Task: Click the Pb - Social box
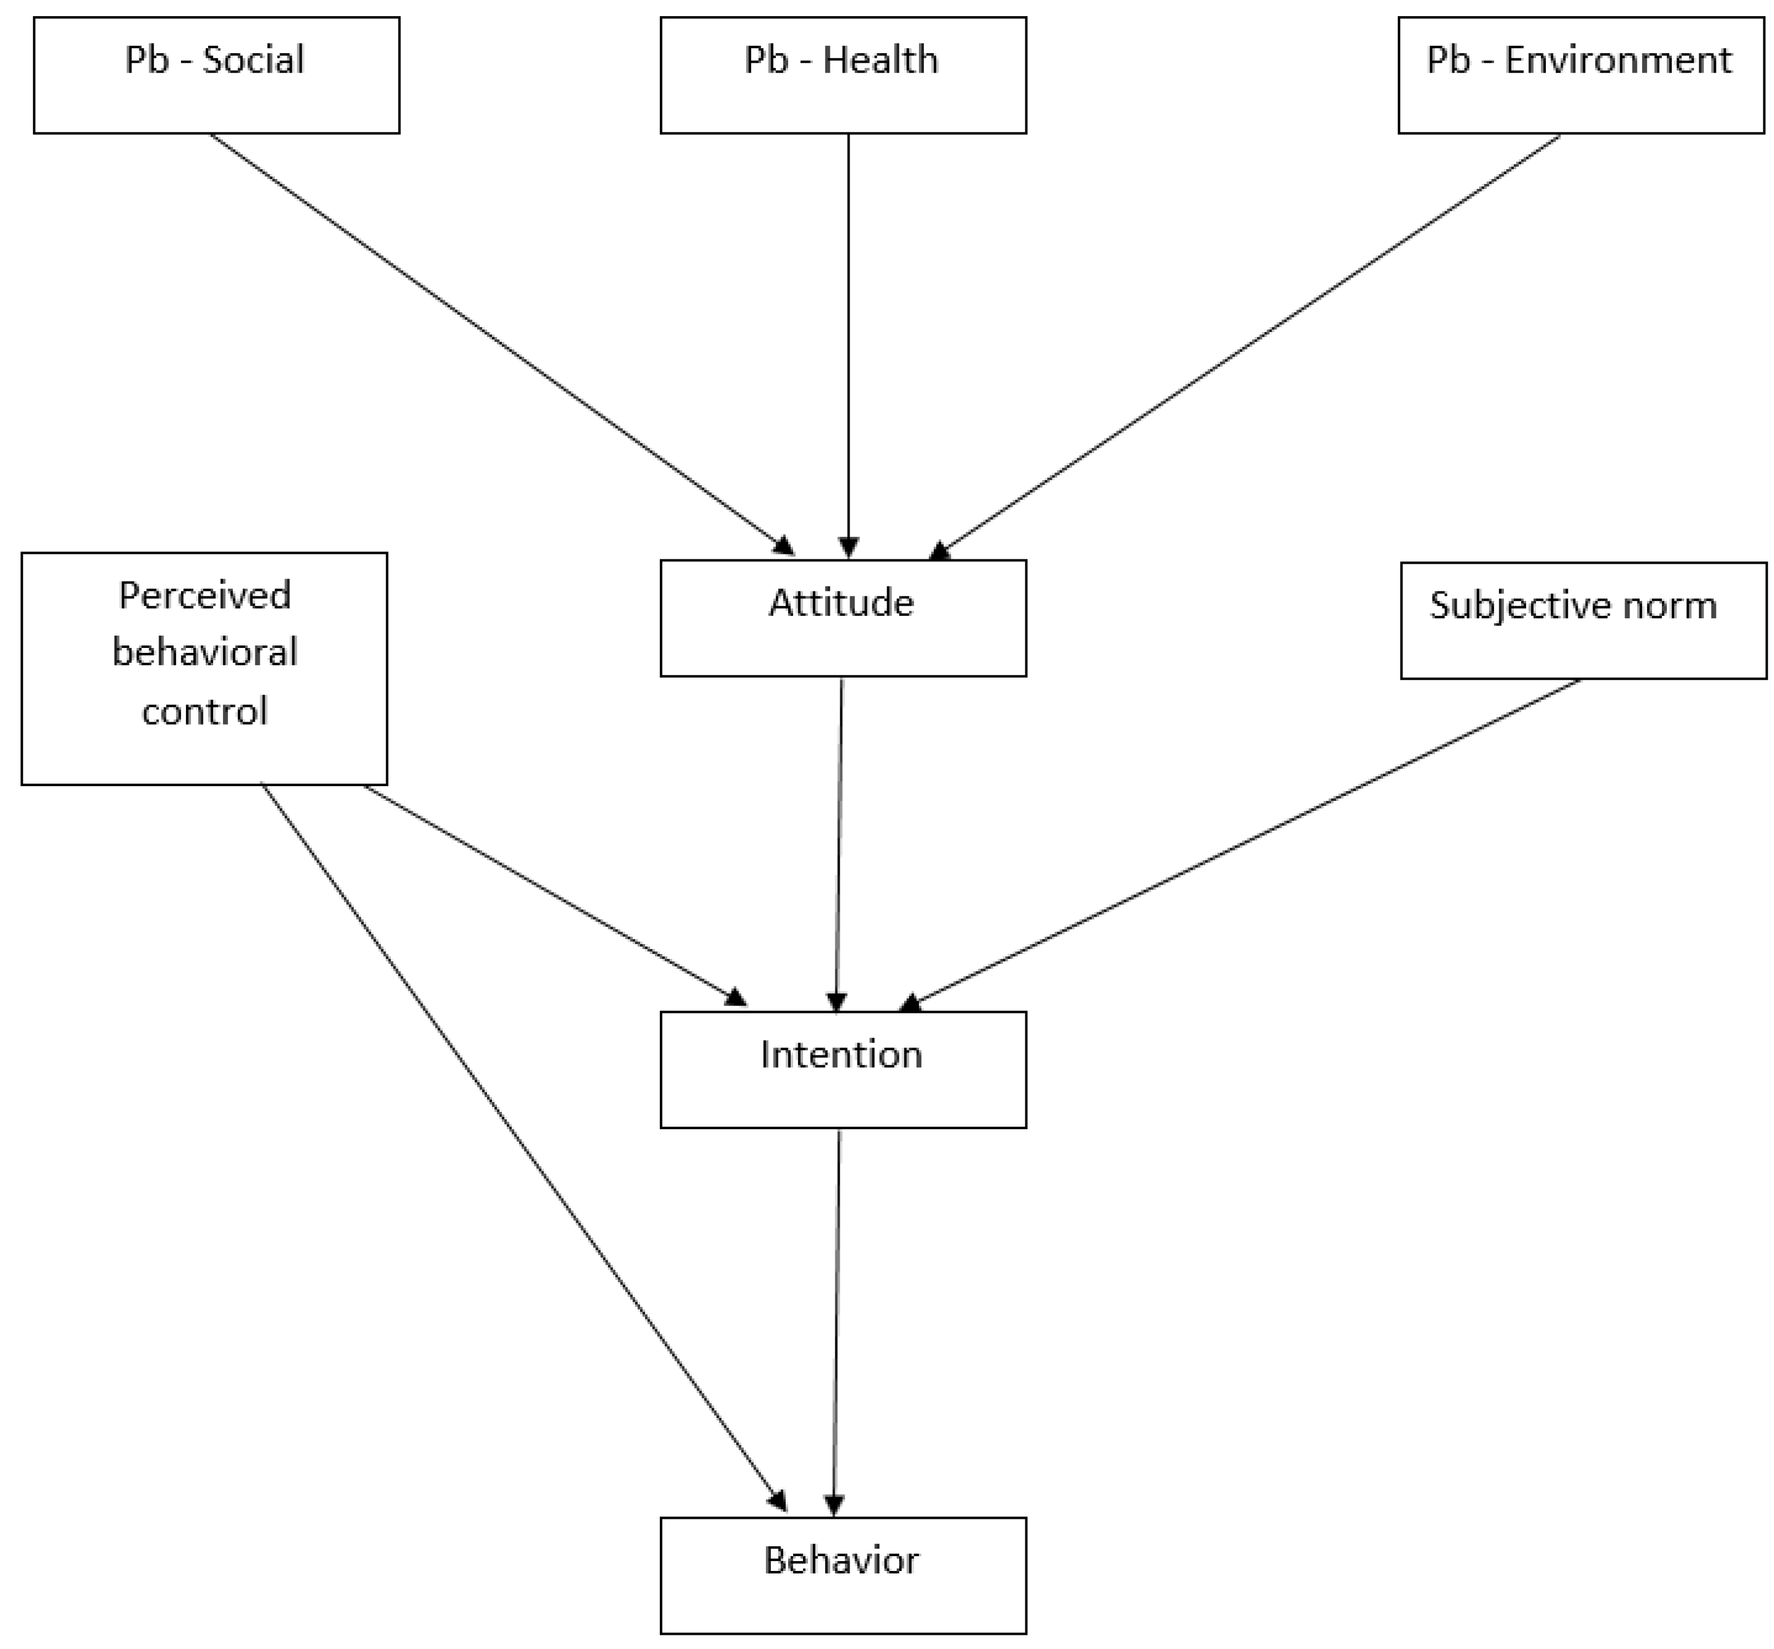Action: (216, 76)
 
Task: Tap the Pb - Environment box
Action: (1580, 76)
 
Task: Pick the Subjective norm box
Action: (1583, 621)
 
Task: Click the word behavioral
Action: (204, 653)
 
